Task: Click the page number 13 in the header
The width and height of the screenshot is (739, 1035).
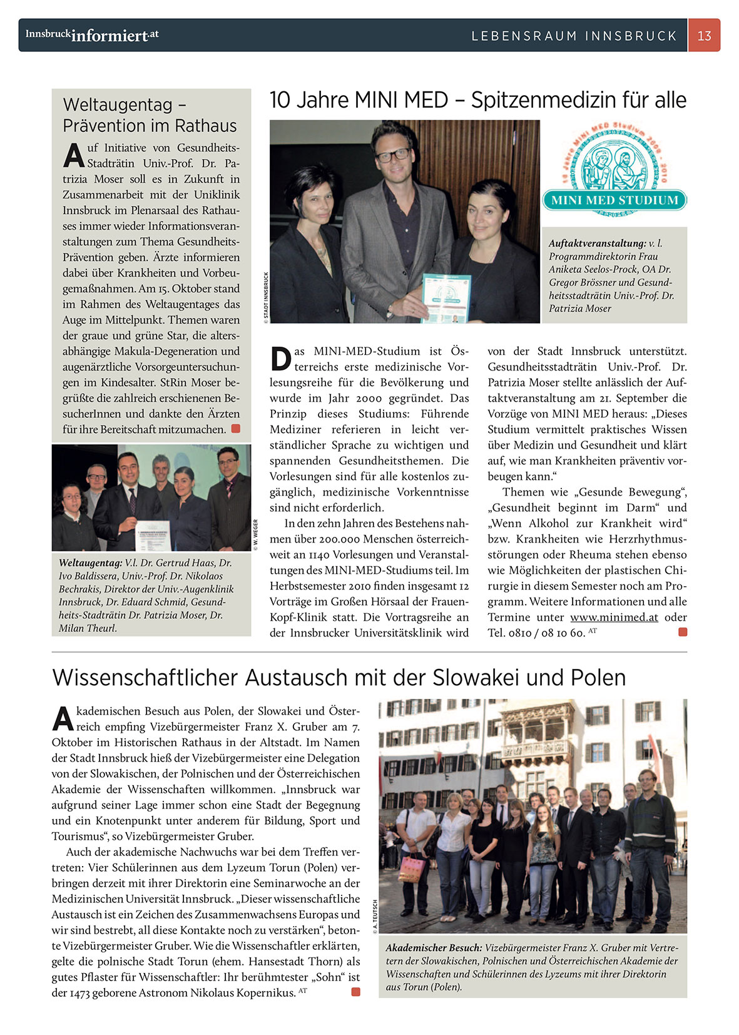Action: coord(704,36)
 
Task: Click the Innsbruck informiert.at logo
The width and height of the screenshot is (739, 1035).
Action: coord(92,35)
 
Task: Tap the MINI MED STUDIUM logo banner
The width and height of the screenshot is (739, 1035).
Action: coord(614,200)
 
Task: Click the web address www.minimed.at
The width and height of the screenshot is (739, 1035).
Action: coord(613,617)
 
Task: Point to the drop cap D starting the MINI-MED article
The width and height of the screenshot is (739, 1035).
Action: coord(281,359)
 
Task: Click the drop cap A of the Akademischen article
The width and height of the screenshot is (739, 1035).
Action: coord(63,718)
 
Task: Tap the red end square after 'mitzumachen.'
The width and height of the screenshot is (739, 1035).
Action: coord(235,429)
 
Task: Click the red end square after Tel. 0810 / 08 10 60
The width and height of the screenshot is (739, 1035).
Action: coord(682,632)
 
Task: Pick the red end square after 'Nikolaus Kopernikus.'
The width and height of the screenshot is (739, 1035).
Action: coord(355,992)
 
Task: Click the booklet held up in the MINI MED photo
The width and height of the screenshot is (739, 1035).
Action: coord(446,298)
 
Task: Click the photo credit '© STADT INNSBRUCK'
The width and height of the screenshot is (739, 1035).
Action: coord(266,297)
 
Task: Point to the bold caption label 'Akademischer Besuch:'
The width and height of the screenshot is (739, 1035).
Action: coord(434,948)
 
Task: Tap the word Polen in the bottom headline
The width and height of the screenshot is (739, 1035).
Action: coord(598,678)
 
